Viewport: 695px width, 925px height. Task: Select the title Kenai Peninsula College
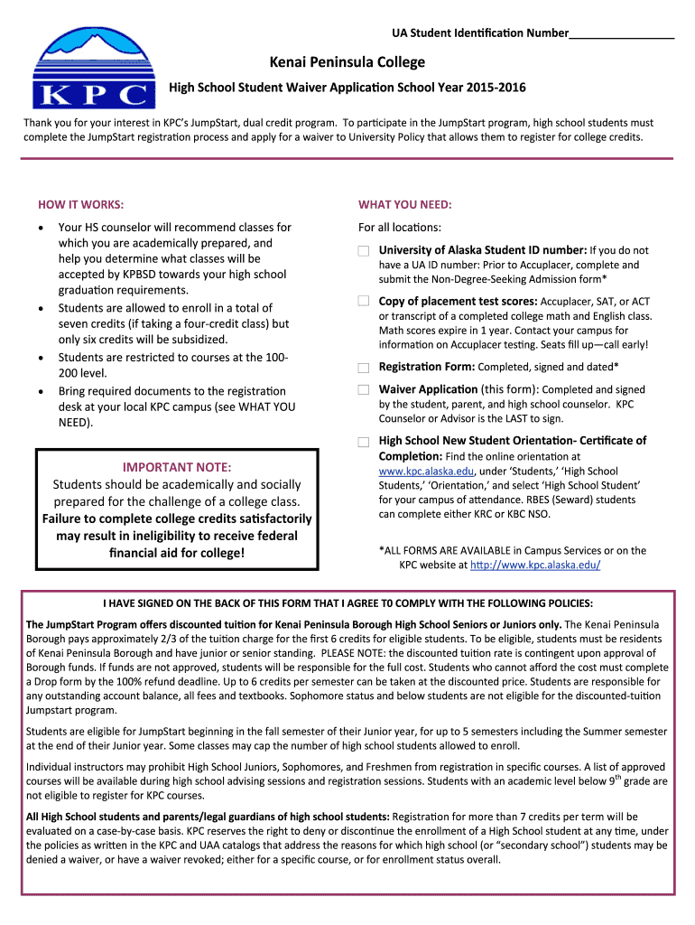(x=347, y=62)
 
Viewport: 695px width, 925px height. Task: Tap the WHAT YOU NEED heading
(x=404, y=203)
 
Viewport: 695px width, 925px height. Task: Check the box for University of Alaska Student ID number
(x=363, y=250)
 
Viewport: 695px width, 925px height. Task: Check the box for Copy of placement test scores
(x=363, y=301)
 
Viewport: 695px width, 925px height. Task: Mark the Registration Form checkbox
(x=363, y=368)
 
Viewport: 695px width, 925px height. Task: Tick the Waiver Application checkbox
(x=363, y=389)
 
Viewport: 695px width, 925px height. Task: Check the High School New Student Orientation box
(x=363, y=442)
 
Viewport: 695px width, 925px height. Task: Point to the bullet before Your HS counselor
(x=42, y=229)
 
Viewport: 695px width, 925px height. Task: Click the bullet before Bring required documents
(x=42, y=391)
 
